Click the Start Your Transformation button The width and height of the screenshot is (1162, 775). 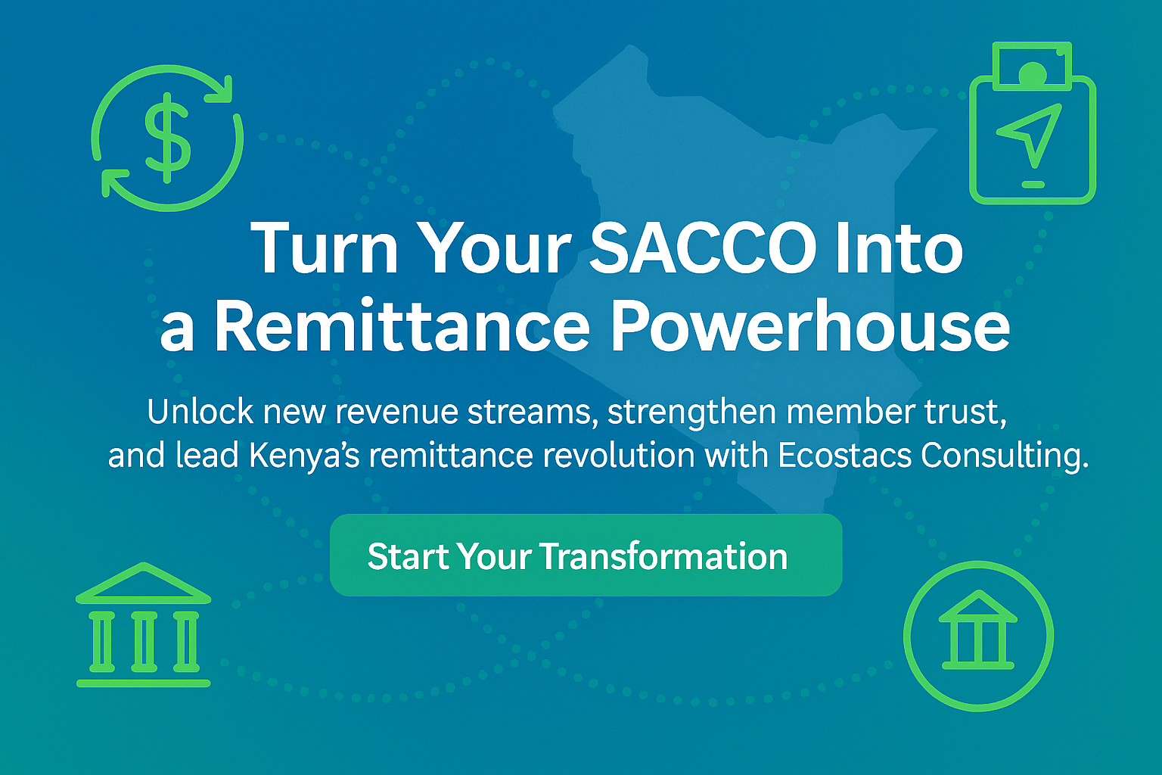(x=586, y=555)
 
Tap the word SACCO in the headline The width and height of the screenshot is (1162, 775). (x=701, y=248)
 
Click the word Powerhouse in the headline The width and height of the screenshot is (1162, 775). (x=810, y=326)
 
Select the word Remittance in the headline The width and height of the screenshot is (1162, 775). (x=401, y=326)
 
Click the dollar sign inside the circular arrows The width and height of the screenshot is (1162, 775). (x=167, y=139)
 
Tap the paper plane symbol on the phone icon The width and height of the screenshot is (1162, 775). (x=1030, y=133)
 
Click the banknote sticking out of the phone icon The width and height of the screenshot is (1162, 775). (x=1032, y=65)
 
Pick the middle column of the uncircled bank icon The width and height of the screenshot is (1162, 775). (x=143, y=642)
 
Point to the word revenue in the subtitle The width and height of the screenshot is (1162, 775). (x=397, y=412)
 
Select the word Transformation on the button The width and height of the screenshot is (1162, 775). (x=663, y=556)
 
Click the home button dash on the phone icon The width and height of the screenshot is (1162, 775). (x=1033, y=184)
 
